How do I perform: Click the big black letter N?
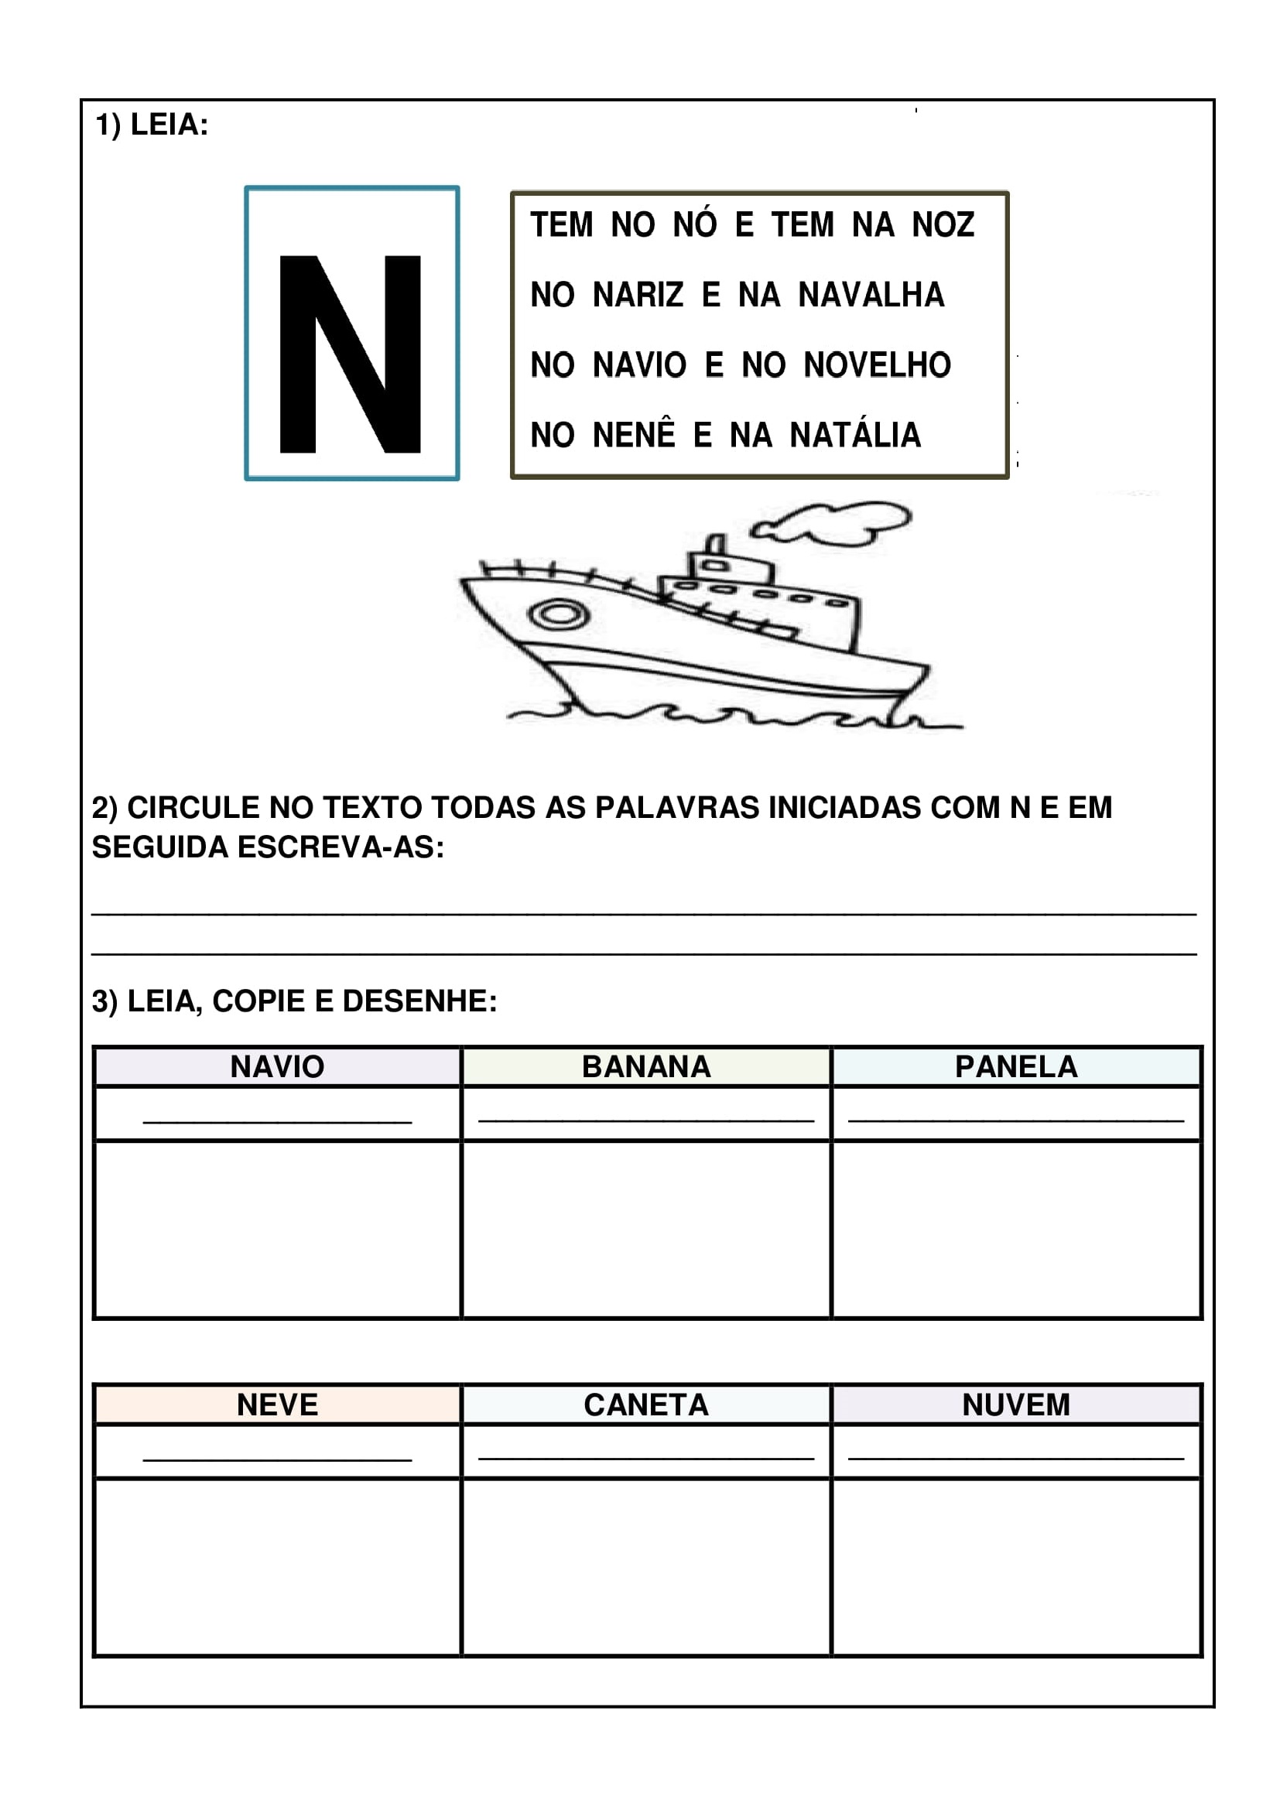pos(350,354)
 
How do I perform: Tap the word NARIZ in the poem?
pos(638,296)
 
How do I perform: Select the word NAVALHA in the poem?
pos(871,296)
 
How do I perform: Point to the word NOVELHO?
pos(878,365)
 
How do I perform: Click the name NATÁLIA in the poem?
pos(855,435)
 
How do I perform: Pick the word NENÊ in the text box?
pos(634,435)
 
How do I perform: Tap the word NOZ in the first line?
pos(943,225)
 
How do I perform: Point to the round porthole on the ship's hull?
pos(559,614)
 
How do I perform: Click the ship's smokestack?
pos(715,546)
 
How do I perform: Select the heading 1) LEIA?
pos(152,125)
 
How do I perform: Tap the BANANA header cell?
pos(646,1066)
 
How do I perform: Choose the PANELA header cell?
pos(1016,1066)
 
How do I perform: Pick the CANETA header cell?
pos(646,1405)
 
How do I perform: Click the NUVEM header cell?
pos(1016,1405)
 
